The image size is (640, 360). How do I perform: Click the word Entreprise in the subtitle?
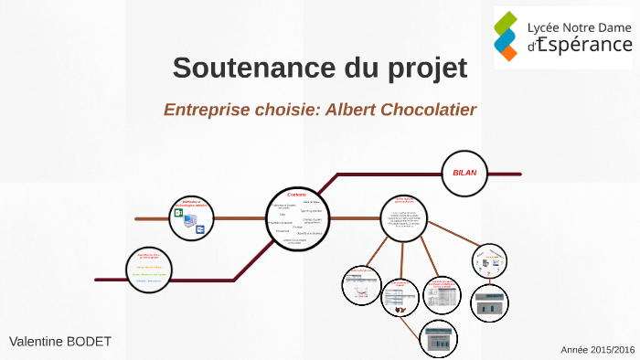206,110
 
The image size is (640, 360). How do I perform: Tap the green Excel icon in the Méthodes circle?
179,214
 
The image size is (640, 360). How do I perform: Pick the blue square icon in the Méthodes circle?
200,230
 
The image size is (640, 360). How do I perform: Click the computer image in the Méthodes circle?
189,222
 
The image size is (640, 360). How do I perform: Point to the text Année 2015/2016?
597,349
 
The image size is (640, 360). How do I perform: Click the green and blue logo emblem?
508,34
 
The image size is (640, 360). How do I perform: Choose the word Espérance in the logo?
584,45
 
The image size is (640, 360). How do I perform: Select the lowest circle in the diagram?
438,341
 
